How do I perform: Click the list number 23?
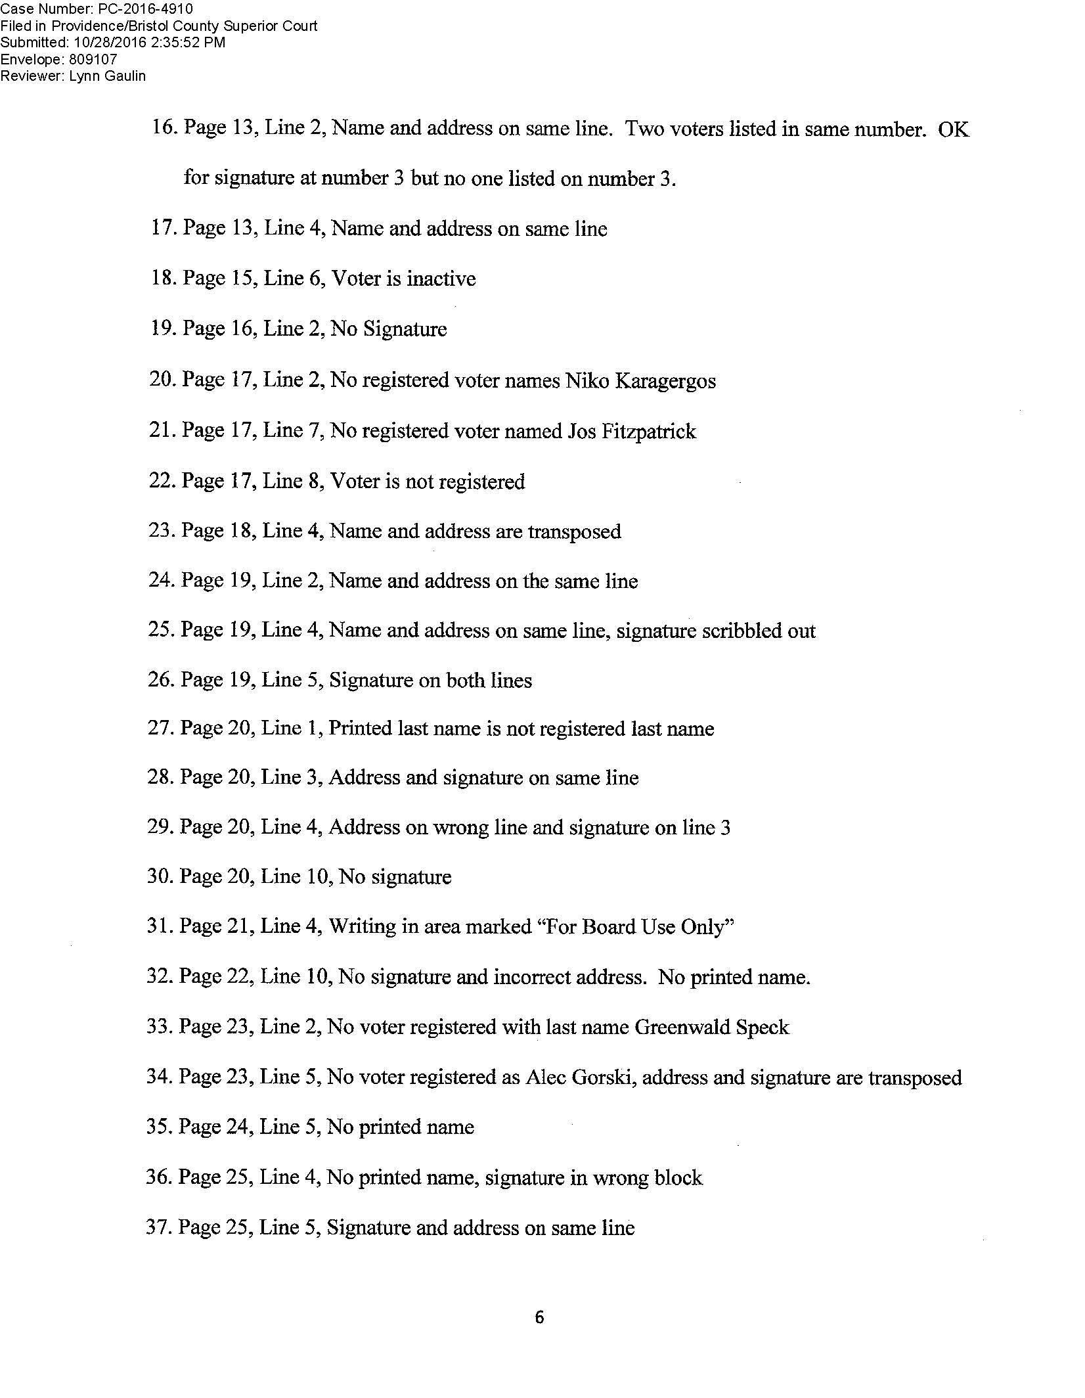point(160,531)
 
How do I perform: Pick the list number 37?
point(157,1227)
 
